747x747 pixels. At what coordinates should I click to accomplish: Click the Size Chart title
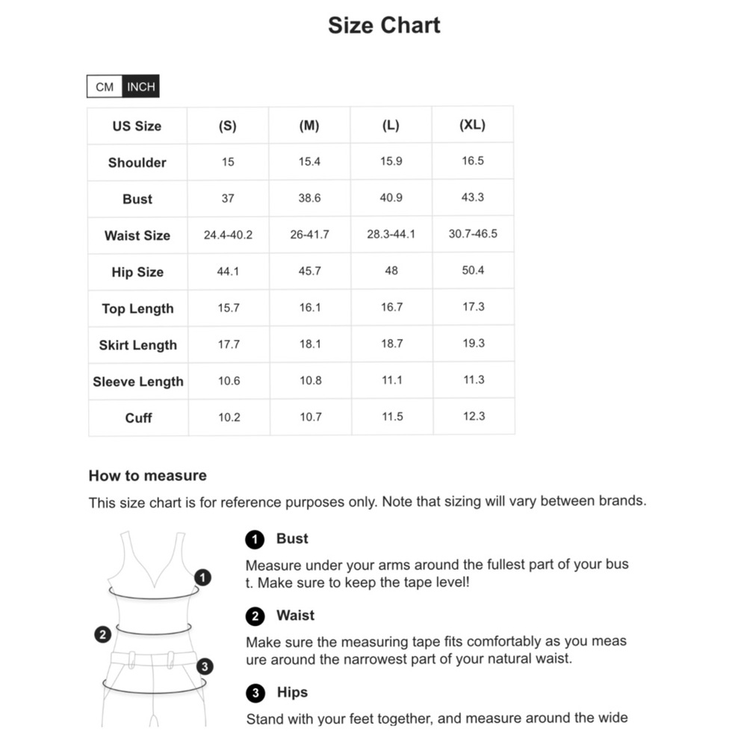(x=384, y=25)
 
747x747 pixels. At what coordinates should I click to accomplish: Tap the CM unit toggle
(x=105, y=87)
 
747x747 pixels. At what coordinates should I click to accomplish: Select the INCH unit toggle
(x=141, y=87)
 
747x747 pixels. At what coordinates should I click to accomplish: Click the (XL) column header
(x=472, y=125)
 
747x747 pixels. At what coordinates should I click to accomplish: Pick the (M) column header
(x=309, y=125)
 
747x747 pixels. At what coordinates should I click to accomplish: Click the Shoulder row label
(x=137, y=162)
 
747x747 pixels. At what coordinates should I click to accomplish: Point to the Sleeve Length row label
(x=138, y=382)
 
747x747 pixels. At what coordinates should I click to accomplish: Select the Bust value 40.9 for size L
(x=391, y=198)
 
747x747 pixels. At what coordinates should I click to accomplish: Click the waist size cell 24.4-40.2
(x=228, y=235)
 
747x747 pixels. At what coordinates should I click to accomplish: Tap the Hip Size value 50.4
(x=473, y=270)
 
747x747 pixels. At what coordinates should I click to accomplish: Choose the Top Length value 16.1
(x=309, y=308)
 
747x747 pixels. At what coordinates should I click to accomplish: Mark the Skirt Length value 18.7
(x=391, y=344)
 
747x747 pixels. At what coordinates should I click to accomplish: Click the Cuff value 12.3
(x=474, y=416)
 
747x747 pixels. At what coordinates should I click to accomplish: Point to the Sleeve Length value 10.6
(x=229, y=380)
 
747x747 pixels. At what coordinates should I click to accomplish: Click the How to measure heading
(x=147, y=476)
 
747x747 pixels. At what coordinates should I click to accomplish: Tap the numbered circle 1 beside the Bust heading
(x=255, y=539)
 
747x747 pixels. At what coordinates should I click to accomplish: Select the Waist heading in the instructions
(x=295, y=616)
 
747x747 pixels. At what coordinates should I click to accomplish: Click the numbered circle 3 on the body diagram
(x=205, y=666)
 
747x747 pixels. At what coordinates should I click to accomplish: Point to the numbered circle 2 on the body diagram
(x=103, y=635)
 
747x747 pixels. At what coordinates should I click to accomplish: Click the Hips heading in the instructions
(x=292, y=692)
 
